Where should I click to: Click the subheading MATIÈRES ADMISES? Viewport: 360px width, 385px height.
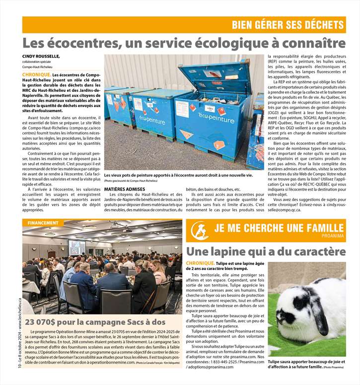click(x=125, y=190)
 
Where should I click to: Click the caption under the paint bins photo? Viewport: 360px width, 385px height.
click(x=179, y=176)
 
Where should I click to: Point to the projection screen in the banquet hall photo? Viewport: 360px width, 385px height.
click(x=76, y=247)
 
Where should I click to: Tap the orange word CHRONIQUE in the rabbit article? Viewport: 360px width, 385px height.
click(x=201, y=262)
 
